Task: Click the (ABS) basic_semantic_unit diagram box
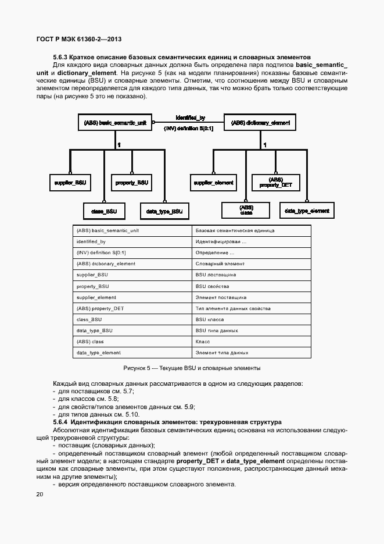click(115, 123)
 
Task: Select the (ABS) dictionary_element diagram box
click(260, 123)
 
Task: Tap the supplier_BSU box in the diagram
click(70, 183)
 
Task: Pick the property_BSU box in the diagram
click(132, 183)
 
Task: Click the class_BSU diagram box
click(105, 211)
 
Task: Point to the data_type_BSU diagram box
click(164, 211)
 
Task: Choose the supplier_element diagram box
click(213, 183)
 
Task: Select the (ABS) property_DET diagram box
click(275, 183)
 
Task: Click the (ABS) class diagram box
click(246, 211)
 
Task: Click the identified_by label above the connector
click(191, 118)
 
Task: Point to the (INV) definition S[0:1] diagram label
click(189, 128)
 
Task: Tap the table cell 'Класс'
click(203, 342)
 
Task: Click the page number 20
click(40, 495)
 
